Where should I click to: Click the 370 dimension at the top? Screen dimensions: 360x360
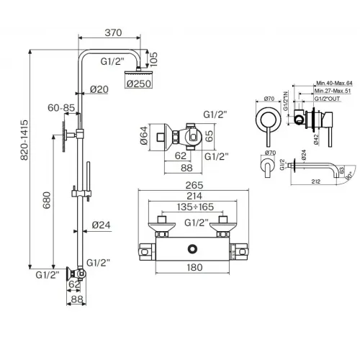[112, 32]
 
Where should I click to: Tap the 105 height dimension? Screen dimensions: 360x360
[154, 59]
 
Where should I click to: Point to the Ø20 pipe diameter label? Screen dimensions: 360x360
[99, 89]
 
